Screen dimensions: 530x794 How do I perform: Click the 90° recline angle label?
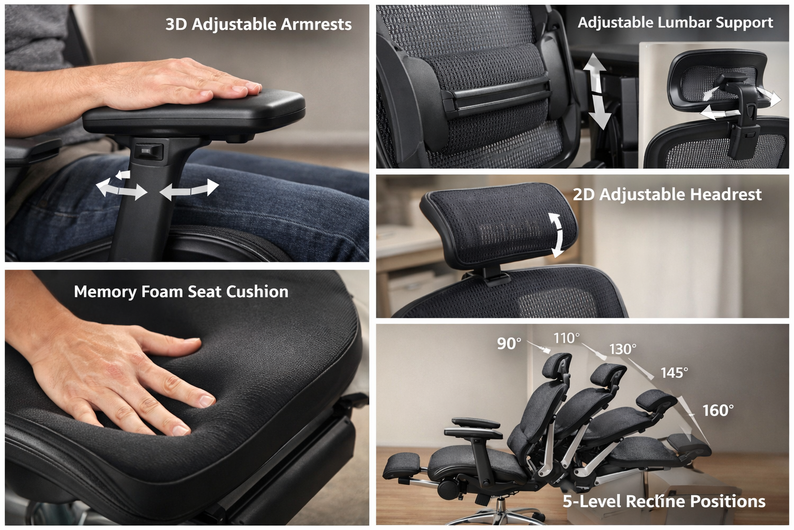pyautogui.click(x=509, y=344)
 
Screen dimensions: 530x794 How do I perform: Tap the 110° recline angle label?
pyautogui.click(x=566, y=338)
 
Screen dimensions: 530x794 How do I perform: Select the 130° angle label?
pyautogui.click(x=622, y=349)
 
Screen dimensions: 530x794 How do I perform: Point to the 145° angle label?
pyautogui.click(x=674, y=373)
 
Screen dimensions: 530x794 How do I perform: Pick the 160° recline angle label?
pyautogui.click(x=717, y=410)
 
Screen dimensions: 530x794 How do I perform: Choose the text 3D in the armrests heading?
pyautogui.click(x=176, y=24)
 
